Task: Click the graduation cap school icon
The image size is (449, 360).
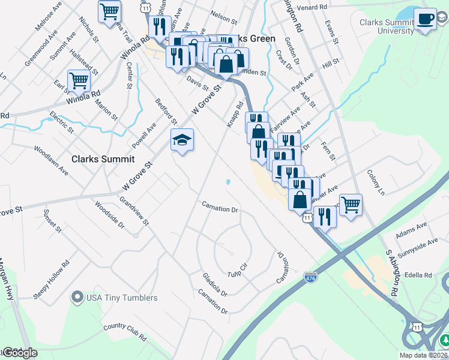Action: click(x=182, y=140)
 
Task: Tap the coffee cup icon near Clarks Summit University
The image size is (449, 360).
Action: click(x=425, y=19)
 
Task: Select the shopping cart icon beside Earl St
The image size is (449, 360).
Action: click(x=79, y=80)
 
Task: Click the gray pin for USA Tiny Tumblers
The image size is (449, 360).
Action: click(x=77, y=297)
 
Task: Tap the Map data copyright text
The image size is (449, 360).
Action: click(x=423, y=355)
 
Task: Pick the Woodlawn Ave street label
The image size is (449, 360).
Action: click(x=51, y=160)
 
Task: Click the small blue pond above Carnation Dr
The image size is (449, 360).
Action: click(x=228, y=182)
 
